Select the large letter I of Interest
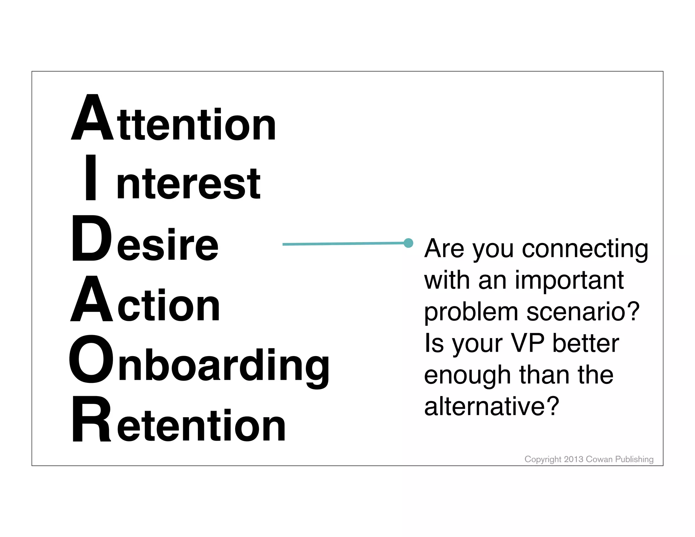91,177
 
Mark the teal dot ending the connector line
409,243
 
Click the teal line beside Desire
343,244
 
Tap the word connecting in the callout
585,249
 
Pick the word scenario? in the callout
583,312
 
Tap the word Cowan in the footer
599,459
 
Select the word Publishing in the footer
634,460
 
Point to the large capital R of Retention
91,420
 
